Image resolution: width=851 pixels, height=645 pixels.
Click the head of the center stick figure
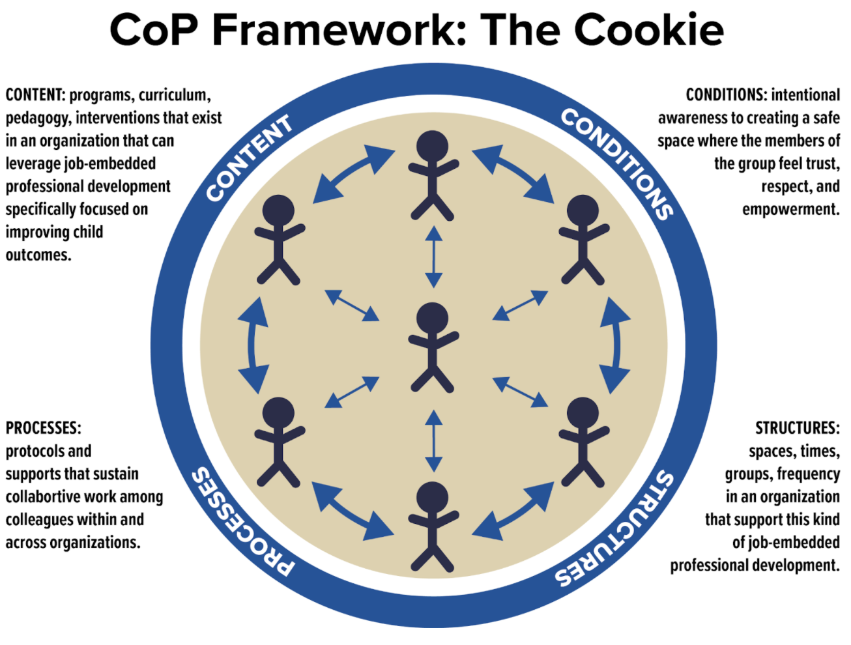[431, 318]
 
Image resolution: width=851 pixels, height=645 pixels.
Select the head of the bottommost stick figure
[431, 497]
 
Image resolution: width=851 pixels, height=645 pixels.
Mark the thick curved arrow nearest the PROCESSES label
[353, 512]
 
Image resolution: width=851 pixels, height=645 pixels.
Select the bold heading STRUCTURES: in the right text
[797, 429]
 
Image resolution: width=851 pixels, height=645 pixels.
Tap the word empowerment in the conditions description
[790, 210]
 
